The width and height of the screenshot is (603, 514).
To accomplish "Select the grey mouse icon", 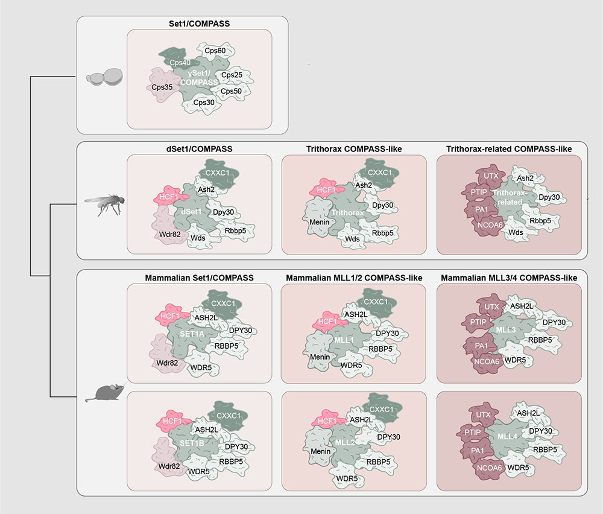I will tap(106, 393).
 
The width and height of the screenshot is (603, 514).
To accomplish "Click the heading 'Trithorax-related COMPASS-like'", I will tap(508, 148).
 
